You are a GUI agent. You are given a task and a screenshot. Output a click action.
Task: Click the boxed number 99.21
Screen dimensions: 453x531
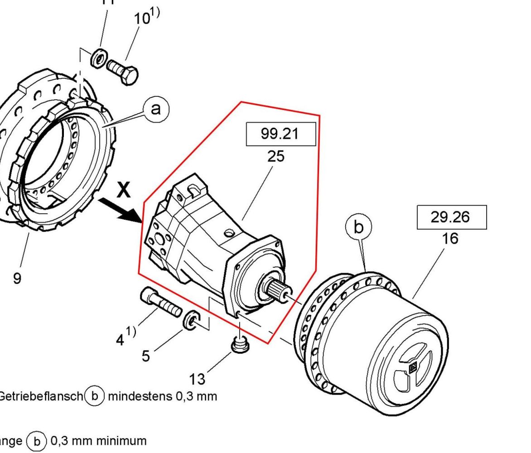click(280, 134)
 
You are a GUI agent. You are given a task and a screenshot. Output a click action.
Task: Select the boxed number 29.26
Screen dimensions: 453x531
click(451, 217)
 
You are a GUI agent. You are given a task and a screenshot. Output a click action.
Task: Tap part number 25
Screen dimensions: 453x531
click(276, 156)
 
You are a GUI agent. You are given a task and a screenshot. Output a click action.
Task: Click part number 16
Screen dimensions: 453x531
click(450, 238)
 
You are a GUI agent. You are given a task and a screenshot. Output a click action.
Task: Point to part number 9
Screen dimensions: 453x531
click(17, 278)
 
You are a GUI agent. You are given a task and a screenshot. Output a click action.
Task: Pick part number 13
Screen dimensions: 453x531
click(197, 378)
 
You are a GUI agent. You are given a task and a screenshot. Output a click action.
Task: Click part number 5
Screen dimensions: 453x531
click(145, 356)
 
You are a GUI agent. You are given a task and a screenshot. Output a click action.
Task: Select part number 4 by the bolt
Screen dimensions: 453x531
click(121, 339)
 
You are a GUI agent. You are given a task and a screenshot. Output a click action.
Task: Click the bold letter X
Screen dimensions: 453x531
click(123, 191)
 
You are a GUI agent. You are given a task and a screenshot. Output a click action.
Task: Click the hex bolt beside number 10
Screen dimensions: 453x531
click(123, 71)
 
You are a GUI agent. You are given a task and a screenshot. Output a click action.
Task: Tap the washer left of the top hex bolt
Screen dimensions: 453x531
click(98, 58)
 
